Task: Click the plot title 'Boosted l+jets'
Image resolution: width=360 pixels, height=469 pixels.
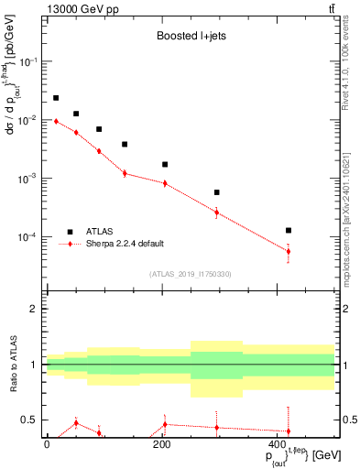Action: (x=188, y=38)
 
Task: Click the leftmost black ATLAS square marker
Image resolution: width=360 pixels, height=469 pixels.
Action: (x=56, y=98)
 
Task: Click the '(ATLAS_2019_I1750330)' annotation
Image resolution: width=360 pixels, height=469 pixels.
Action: (x=190, y=274)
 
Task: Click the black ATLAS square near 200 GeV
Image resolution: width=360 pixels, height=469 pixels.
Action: (x=165, y=164)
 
